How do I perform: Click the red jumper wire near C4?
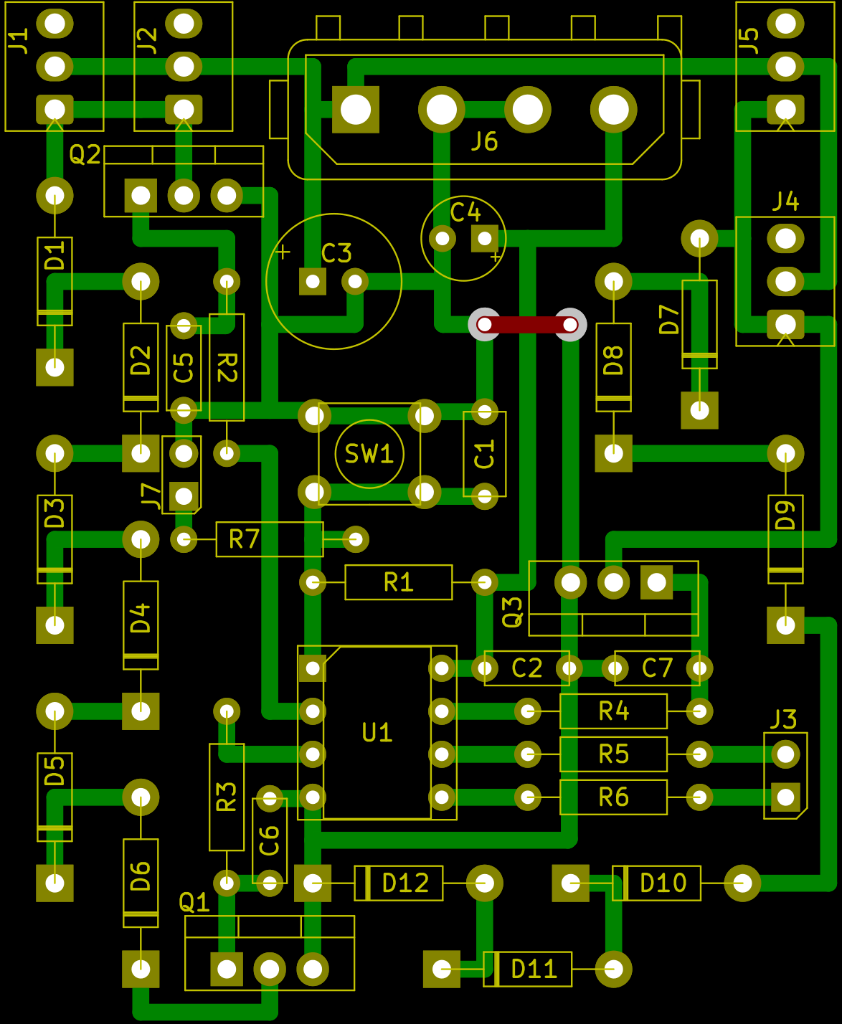[527, 325]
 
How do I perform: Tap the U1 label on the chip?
[377, 733]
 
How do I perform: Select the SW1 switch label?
[369, 454]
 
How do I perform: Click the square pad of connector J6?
[356, 110]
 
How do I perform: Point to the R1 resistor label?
[399, 582]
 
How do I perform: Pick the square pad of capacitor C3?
[313, 282]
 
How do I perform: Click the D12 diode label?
[405, 883]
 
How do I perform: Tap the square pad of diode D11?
[442, 970]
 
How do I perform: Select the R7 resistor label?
[244, 539]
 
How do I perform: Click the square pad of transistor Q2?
[141, 195]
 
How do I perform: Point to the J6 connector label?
[485, 142]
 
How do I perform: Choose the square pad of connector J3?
[785, 797]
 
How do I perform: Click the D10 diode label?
[663, 883]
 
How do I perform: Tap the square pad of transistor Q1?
[227, 970]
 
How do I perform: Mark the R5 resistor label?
[614, 754]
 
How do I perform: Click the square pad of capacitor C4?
[485, 238]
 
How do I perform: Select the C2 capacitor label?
[527, 668]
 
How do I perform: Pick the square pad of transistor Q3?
[656, 582]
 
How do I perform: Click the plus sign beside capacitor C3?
[283, 252]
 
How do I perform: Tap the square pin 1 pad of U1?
[313, 668]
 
